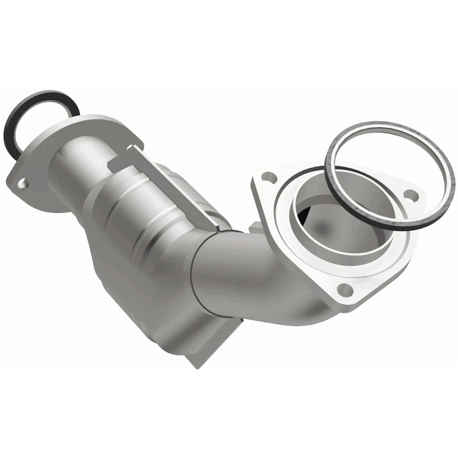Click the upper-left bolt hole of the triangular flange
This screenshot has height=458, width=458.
(270, 178)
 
